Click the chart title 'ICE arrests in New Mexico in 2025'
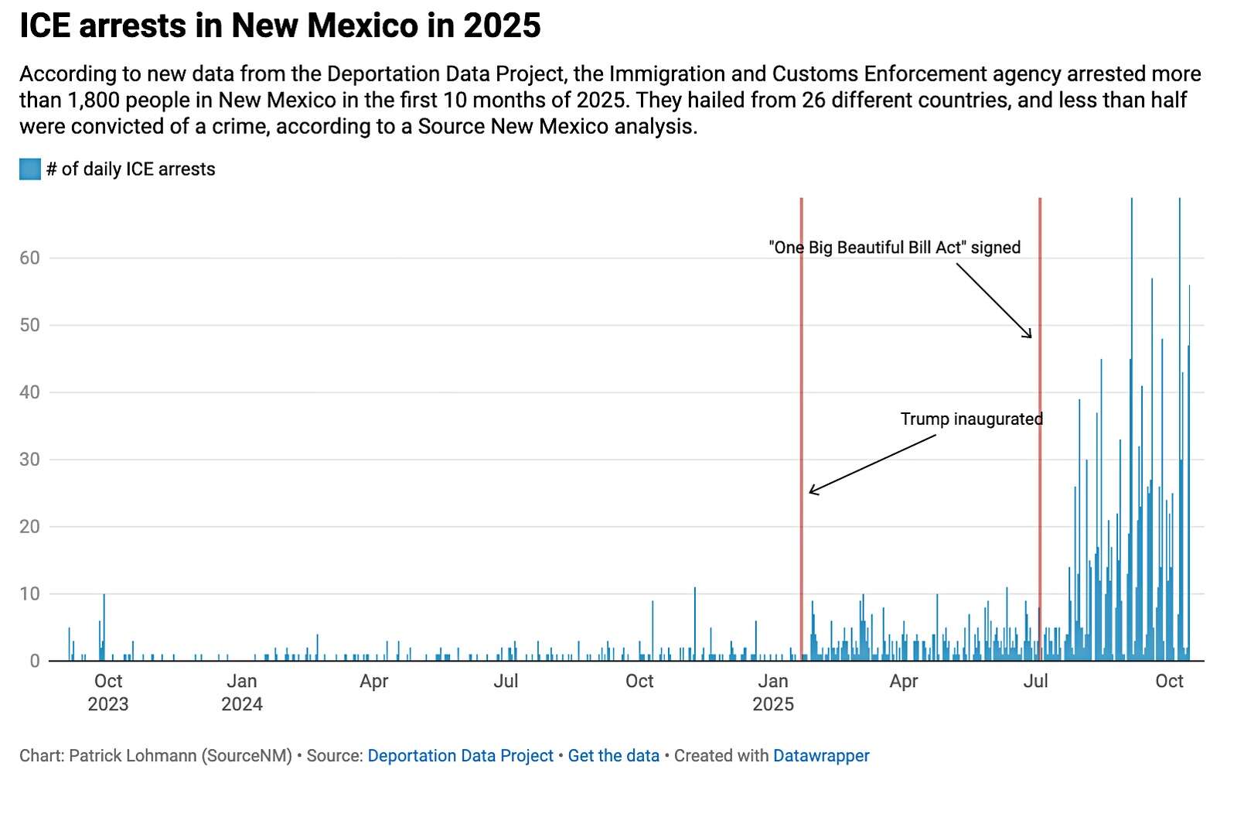(x=280, y=26)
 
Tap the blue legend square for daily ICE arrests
(x=29, y=169)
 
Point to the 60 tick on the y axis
(x=29, y=258)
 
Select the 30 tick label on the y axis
(x=29, y=460)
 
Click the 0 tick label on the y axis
(x=34, y=662)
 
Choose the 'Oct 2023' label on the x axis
(x=108, y=693)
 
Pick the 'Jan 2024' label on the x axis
(x=242, y=693)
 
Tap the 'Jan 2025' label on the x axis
(x=773, y=693)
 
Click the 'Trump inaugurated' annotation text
(x=971, y=419)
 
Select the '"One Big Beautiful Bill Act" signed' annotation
(x=895, y=248)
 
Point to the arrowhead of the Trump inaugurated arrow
(x=811, y=491)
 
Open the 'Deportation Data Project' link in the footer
(x=460, y=756)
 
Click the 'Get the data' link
(x=613, y=756)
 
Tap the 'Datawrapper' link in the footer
(x=821, y=756)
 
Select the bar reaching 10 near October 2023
(x=104, y=627)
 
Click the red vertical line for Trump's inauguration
(x=802, y=348)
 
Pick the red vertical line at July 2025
(x=1040, y=464)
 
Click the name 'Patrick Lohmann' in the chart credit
(x=132, y=756)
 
